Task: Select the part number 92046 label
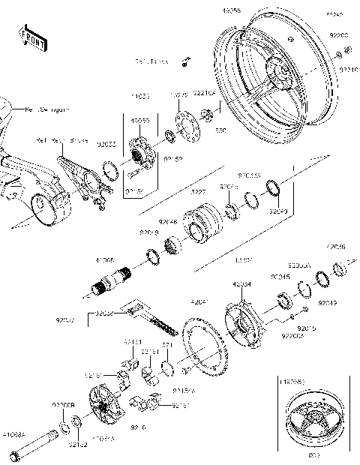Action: pyautogui.click(x=168, y=223)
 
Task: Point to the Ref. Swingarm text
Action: pyautogui.click(x=48, y=109)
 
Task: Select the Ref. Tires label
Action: pyautogui.click(x=151, y=61)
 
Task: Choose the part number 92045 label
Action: pyautogui.click(x=280, y=277)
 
